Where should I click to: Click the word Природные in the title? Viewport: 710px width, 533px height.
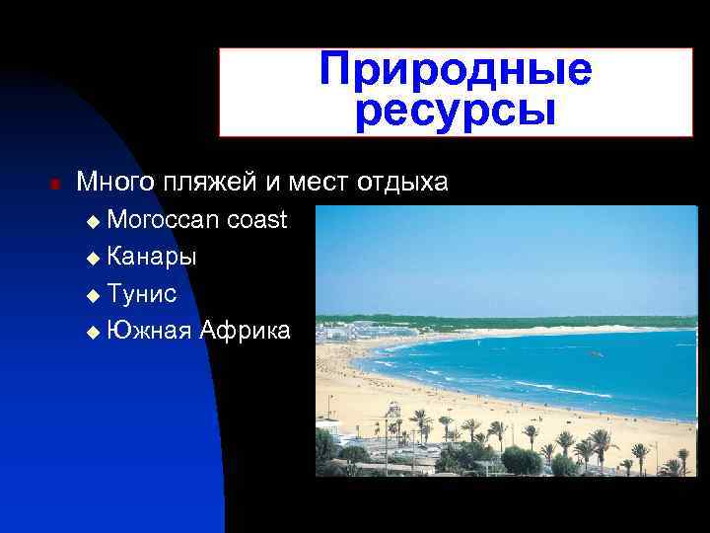pos(456,70)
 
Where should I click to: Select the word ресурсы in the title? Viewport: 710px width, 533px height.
pos(456,111)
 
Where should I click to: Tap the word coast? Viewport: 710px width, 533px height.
pos(257,219)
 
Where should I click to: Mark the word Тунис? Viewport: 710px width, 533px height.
pos(142,293)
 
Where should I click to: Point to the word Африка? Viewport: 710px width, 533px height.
pos(246,330)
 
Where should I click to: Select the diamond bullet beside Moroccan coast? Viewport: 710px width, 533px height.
pos(93,221)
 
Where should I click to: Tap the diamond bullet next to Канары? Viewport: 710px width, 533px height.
pos(93,258)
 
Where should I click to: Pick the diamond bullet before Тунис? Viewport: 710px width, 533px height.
pos(93,294)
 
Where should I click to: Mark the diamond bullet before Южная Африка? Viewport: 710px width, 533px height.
pos(93,332)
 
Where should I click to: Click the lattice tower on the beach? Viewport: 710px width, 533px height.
pos(393,419)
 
